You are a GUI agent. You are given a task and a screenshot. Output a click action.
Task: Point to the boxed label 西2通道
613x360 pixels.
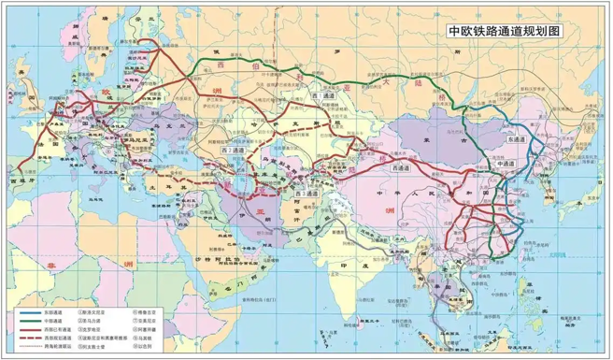[235, 150]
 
